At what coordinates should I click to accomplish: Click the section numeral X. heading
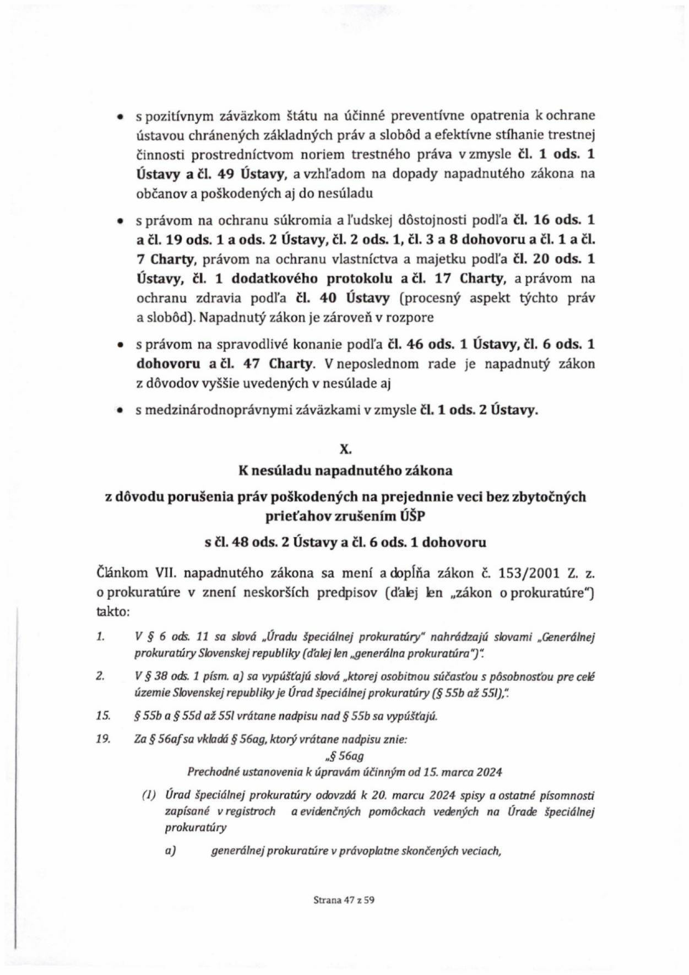[345, 449]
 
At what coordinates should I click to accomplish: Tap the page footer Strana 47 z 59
[344, 900]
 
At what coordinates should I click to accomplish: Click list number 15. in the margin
[103, 716]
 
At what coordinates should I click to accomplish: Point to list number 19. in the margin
[103, 739]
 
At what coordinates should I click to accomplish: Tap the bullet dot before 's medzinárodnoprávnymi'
[119, 411]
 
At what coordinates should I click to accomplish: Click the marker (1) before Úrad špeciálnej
[149, 795]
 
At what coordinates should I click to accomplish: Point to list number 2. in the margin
[101, 676]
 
